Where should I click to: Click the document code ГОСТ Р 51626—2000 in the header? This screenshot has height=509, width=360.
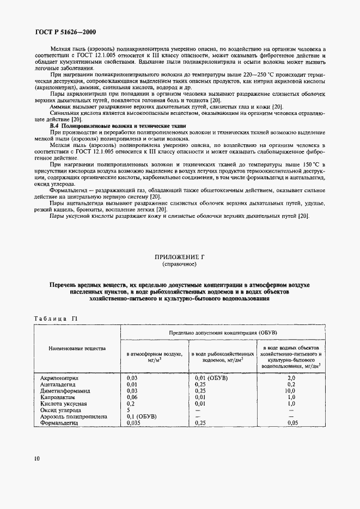point(61,32)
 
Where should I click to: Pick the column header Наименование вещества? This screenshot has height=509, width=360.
point(77,348)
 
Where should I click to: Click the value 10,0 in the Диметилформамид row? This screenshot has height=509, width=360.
point(290,390)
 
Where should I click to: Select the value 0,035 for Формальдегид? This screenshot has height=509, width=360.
point(134,422)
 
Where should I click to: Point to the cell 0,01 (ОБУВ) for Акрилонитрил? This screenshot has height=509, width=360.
point(211,377)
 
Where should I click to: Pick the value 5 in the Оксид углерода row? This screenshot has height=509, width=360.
point(129,410)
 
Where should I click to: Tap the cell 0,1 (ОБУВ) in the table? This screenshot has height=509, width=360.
point(142,416)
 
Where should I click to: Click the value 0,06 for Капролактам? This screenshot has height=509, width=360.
point(132,397)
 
